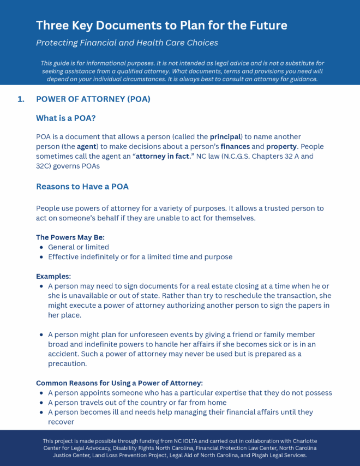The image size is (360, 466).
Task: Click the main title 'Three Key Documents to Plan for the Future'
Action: click(x=161, y=25)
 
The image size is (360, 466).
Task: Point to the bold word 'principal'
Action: click(x=225, y=136)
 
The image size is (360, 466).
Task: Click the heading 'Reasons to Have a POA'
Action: click(x=82, y=186)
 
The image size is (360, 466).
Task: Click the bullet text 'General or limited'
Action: click(x=79, y=247)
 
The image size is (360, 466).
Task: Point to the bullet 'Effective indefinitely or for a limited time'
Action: click(x=140, y=256)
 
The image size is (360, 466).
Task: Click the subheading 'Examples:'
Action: click(x=53, y=277)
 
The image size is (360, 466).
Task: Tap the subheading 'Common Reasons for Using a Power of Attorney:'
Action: click(x=119, y=383)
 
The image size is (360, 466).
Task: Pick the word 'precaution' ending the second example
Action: click(x=68, y=363)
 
